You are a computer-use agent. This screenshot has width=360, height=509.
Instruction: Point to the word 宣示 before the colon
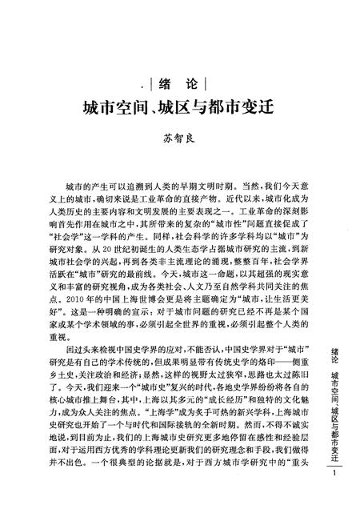click(x=146, y=311)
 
